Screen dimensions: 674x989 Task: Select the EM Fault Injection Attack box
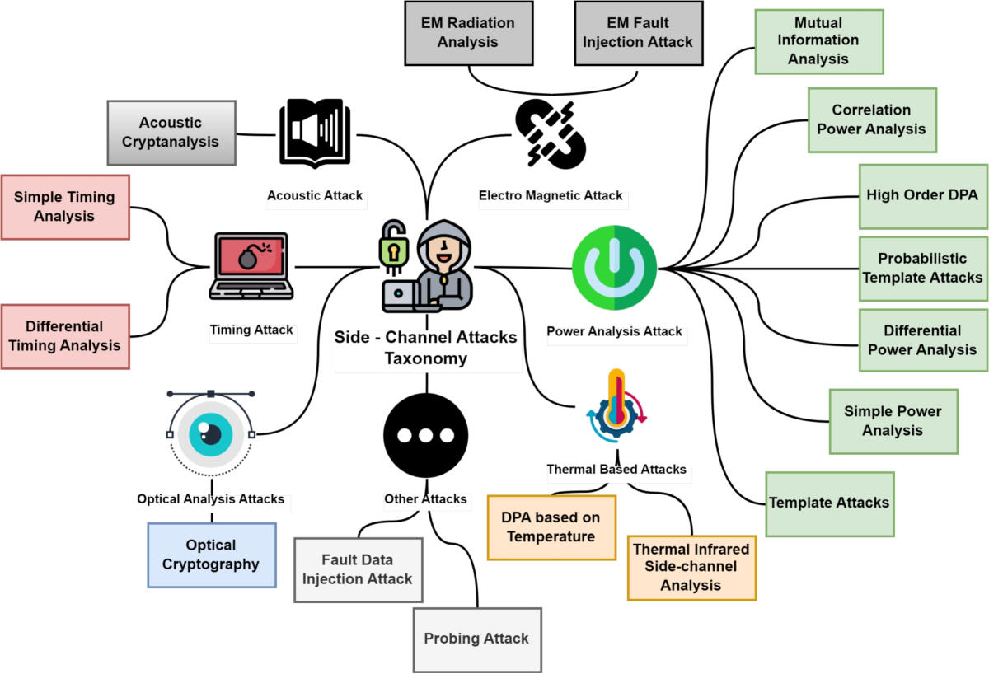coord(639,34)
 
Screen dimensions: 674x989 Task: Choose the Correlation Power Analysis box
coord(872,120)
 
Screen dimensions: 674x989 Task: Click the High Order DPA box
coord(922,196)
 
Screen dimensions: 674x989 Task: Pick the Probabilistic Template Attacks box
coord(923,268)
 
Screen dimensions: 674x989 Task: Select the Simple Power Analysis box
coord(893,421)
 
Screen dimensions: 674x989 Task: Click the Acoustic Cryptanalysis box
coord(171,132)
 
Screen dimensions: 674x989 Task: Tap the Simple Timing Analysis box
coord(65,207)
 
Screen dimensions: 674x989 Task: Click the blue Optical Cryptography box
coord(212,555)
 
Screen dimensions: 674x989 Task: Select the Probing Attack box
coord(477,639)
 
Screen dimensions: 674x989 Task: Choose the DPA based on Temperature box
coord(551,527)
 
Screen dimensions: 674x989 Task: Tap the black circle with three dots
coord(426,434)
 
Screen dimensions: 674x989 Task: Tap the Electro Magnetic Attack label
coord(551,196)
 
